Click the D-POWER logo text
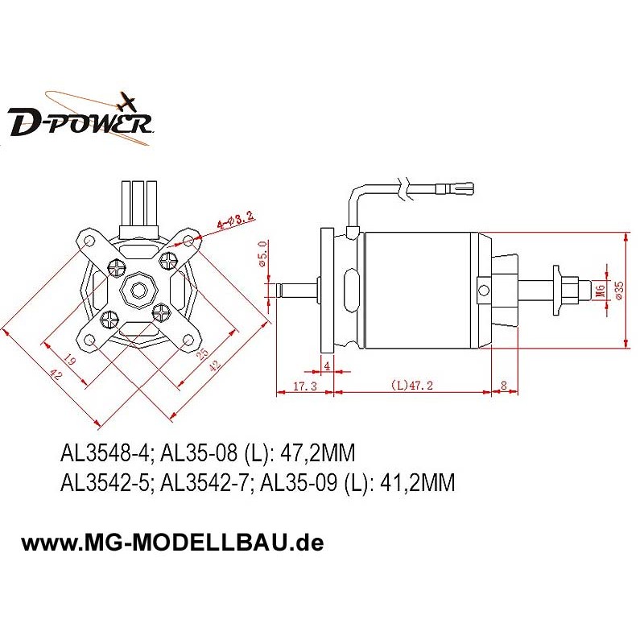80,122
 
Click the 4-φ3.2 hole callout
235,221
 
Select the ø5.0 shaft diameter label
263,254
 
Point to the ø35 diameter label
619,291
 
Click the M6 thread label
600,291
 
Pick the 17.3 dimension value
305,386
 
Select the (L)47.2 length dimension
411,386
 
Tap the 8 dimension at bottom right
504,385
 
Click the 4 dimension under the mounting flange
327,365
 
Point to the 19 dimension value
69,359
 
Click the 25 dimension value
203,353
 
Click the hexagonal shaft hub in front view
138,291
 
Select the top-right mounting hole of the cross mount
188,240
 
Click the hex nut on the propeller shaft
571,291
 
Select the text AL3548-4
106,453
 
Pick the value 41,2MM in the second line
417,482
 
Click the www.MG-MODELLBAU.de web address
172,543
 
